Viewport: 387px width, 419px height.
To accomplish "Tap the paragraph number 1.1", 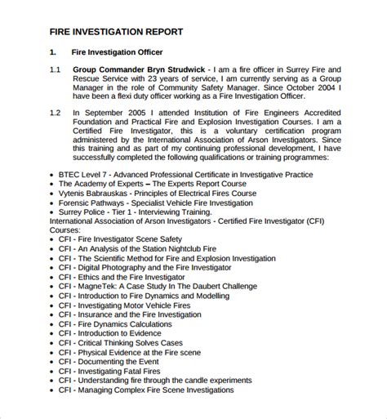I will point(55,69).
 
